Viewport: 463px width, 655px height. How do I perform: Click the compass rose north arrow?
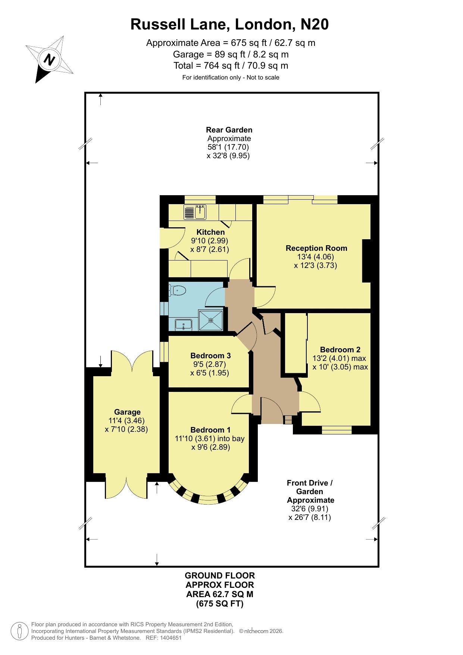(x=49, y=59)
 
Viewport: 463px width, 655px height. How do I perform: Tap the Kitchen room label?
(x=210, y=232)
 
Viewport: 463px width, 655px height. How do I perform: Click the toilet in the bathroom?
(x=177, y=290)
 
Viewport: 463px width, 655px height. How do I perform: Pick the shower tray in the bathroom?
(x=211, y=320)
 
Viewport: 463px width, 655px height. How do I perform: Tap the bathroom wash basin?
(x=183, y=325)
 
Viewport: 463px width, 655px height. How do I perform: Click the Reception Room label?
(x=316, y=248)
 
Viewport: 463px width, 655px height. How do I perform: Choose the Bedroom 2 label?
(x=340, y=350)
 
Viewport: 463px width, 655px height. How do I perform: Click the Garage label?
(x=127, y=412)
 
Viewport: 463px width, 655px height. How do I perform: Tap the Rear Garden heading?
(x=229, y=130)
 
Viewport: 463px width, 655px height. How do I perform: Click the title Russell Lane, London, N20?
(x=229, y=24)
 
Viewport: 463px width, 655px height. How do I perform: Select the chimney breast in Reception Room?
(x=367, y=261)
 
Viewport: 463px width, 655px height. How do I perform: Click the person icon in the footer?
(x=19, y=631)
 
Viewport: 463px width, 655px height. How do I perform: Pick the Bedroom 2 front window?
(x=337, y=430)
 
